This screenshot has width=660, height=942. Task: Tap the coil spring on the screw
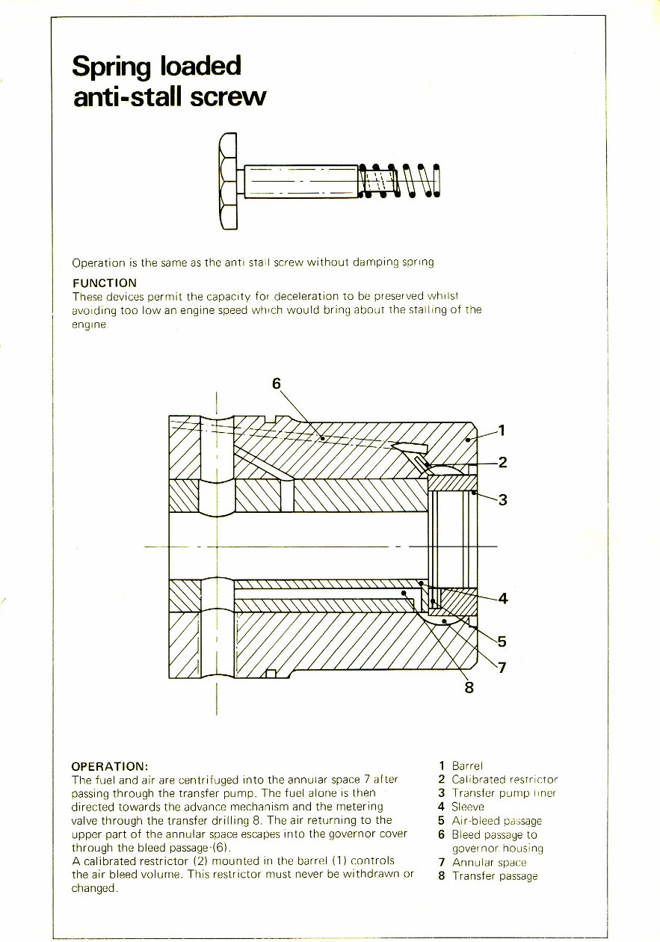pyautogui.click(x=400, y=182)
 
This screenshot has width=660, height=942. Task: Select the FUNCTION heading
pyautogui.click(x=104, y=283)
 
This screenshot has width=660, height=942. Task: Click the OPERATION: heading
pyautogui.click(x=110, y=767)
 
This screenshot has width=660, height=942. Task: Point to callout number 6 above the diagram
pyautogui.click(x=277, y=383)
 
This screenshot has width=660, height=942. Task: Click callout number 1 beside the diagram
pyautogui.click(x=502, y=430)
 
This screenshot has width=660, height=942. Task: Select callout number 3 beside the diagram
pyautogui.click(x=502, y=500)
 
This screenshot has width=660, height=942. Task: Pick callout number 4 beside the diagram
pyautogui.click(x=502, y=598)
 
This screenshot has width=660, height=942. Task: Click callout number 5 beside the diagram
pyautogui.click(x=502, y=641)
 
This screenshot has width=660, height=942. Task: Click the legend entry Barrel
pyautogui.click(x=467, y=766)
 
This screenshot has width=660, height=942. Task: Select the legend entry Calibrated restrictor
pyautogui.click(x=505, y=779)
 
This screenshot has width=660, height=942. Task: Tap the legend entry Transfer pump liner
pyautogui.click(x=504, y=793)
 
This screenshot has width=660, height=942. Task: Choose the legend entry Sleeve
pyautogui.click(x=469, y=807)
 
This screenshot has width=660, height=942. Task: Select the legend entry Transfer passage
pyautogui.click(x=494, y=876)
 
